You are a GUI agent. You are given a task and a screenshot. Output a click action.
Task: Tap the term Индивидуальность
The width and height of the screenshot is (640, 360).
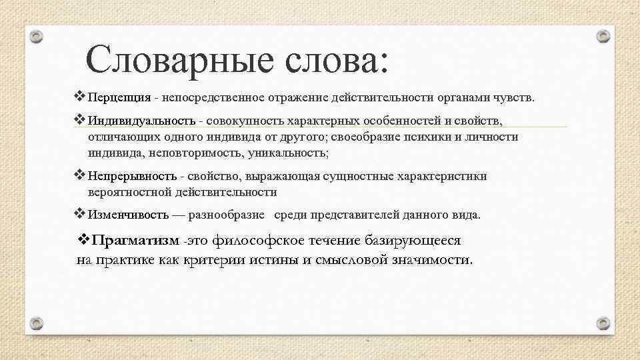coord(141,121)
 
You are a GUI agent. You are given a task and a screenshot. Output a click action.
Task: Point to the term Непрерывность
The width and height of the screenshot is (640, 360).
coord(132,177)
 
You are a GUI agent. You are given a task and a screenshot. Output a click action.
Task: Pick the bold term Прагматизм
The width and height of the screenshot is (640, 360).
coord(136,240)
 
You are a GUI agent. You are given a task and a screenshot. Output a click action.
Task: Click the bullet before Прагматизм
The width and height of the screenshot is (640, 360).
coord(84,239)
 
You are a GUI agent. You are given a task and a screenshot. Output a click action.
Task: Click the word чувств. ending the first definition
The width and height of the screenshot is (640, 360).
coord(514,99)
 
